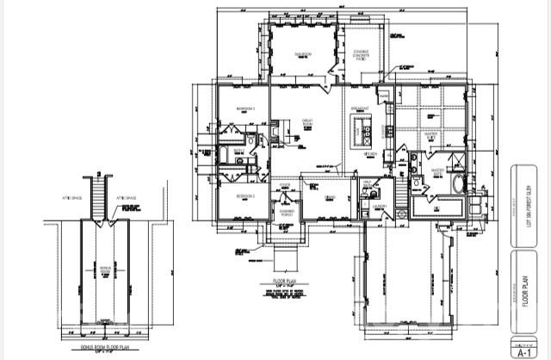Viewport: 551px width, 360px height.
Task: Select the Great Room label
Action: (306, 124)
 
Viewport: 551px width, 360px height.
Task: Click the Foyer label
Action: (285, 185)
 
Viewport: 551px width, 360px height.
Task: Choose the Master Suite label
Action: (434, 135)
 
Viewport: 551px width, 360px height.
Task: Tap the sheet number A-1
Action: (522, 352)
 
